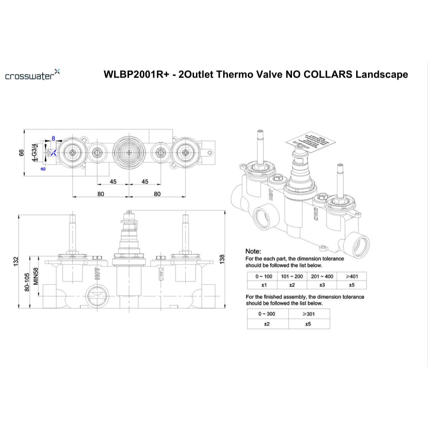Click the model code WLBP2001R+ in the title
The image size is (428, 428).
point(136,74)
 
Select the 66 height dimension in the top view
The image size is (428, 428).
point(22,153)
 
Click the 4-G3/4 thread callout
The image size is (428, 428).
point(34,152)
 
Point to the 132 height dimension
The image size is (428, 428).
point(16,261)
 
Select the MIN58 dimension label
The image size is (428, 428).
point(35,276)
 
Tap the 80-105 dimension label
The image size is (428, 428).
point(27,282)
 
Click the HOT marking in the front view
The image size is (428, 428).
point(97,274)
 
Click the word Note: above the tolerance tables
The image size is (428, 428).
point(253,251)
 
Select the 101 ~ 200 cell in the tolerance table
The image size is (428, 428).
point(292,276)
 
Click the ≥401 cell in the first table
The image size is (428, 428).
point(352,276)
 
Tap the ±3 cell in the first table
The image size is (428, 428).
point(322,285)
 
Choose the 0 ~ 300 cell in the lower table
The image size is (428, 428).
point(267,314)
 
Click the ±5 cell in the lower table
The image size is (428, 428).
point(309,324)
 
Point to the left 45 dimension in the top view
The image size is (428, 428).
point(113,181)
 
